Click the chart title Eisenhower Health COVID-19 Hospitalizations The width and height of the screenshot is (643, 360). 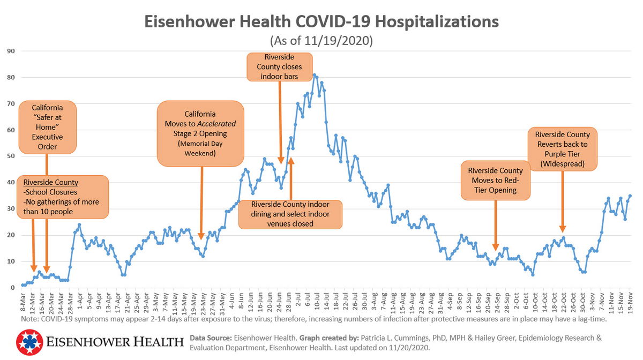(x=321, y=22)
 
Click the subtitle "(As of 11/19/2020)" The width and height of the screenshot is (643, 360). (x=321, y=41)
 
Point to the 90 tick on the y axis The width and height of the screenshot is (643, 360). (x=10, y=51)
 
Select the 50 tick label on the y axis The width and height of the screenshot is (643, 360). (x=10, y=156)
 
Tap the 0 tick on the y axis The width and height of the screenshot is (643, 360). (x=12, y=288)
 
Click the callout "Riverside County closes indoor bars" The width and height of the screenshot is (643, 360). (x=280, y=67)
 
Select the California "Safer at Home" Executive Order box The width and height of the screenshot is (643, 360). (x=47, y=127)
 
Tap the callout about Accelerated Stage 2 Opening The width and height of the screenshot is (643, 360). (x=200, y=134)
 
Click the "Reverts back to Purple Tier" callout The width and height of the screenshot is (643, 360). (x=562, y=149)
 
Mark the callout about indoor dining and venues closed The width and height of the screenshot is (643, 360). (x=290, y=214)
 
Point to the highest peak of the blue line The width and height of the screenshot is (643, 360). (x=315, y=75)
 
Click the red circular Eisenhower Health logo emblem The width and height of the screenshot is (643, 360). (x=29, y=342)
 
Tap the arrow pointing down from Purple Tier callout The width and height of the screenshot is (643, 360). (x=562, y=201)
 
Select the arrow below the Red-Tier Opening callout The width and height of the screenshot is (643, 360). (x=495, y=225)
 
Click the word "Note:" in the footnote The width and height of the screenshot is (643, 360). (x=31, y=319)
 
